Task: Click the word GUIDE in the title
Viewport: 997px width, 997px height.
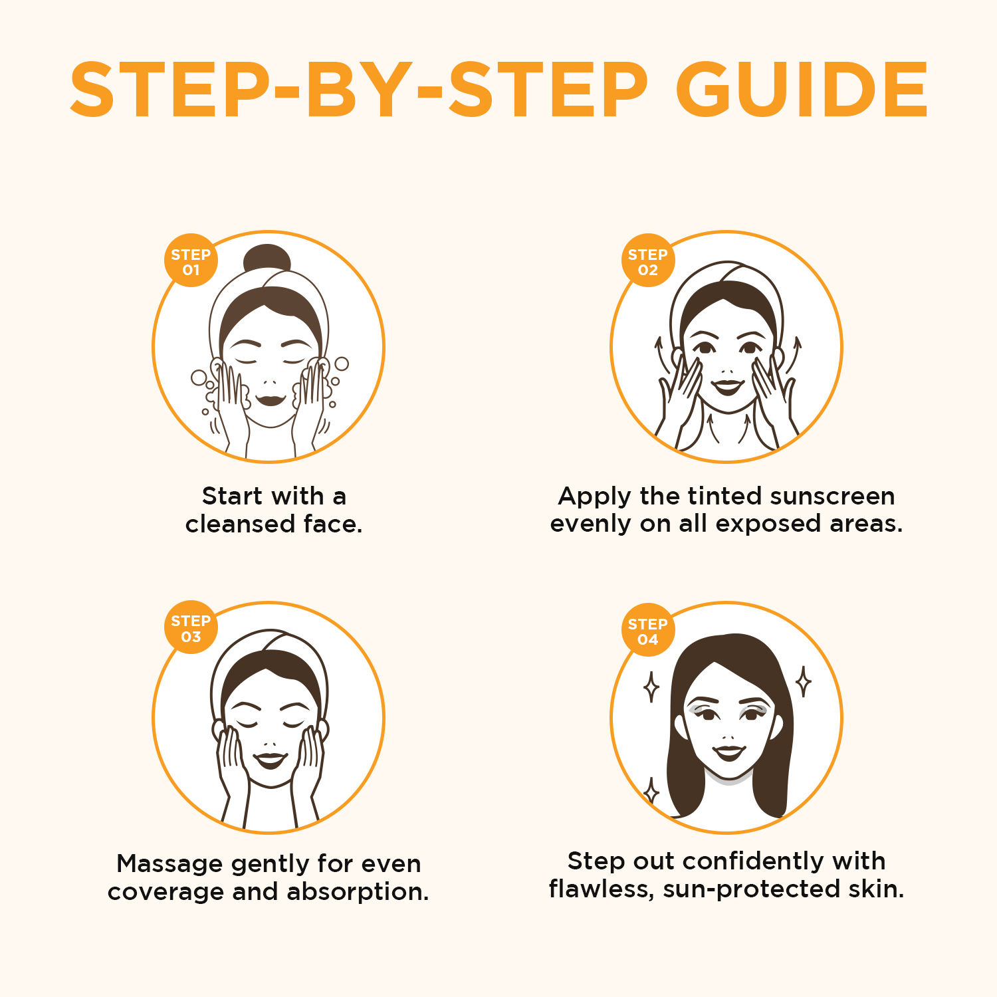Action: coord(802,90)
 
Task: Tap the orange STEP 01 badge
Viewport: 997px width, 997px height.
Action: coord(191,261)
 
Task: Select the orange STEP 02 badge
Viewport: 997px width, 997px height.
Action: coord(648,261)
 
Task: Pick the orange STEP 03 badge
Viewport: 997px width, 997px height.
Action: coord(191,627)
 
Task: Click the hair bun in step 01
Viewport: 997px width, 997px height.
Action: coord(267,259)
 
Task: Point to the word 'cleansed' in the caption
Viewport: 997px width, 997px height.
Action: coord(240,524)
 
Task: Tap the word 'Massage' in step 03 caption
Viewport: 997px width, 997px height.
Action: coord(169,864)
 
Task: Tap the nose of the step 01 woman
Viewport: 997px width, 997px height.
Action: coord(269,382)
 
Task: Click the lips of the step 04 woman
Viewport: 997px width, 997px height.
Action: coord(728,752)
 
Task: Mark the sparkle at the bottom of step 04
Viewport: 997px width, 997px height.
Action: coord(652,791)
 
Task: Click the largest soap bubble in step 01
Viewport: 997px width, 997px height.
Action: coord(199,378)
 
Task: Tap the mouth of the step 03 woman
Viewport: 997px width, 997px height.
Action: coord(271,760)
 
